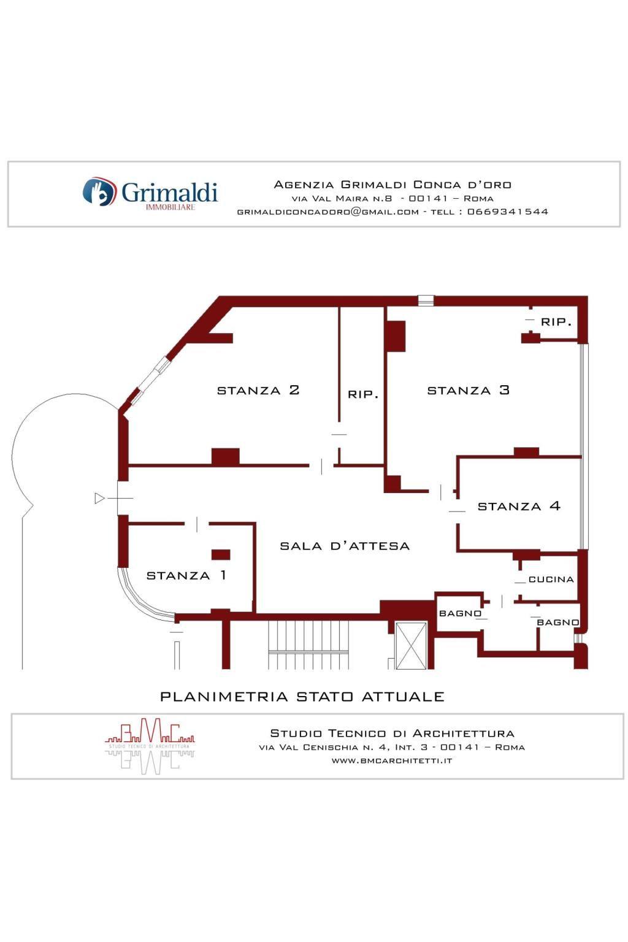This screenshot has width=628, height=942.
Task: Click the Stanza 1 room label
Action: point(186,575)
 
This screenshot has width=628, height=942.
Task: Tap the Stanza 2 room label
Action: point(258,390)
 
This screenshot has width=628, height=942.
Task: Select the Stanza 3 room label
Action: point(468,390)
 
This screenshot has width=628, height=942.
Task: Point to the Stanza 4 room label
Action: point(519,506)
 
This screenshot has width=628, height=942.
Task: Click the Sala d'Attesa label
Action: point(345,546)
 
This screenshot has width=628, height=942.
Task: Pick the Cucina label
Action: point(551,580)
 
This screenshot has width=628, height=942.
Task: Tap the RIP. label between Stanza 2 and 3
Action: point(362,394)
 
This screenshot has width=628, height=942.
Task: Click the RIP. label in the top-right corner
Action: point(556,322)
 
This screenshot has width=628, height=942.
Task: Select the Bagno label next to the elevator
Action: point(460,613)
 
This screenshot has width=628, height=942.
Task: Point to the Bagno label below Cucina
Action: point(557,622)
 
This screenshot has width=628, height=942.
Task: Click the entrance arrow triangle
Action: point(99,499)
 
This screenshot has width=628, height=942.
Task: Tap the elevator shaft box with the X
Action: point(410,646)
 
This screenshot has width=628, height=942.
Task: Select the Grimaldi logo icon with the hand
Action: point(99,192)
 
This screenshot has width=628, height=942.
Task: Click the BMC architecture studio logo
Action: point(150,746)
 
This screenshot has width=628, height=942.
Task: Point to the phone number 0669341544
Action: point(508,212)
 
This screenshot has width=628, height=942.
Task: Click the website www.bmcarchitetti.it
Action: point(392,760)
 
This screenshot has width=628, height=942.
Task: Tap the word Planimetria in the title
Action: point(224,697)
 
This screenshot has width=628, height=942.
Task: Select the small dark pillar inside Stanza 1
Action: point(220,554)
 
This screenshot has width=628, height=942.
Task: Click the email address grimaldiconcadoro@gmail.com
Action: point(328,212)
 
